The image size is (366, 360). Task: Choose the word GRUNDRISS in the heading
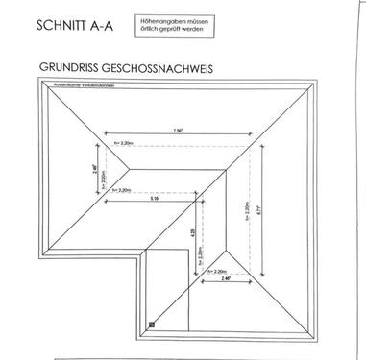point(73,68)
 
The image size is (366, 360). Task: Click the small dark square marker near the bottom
point(152,324)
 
